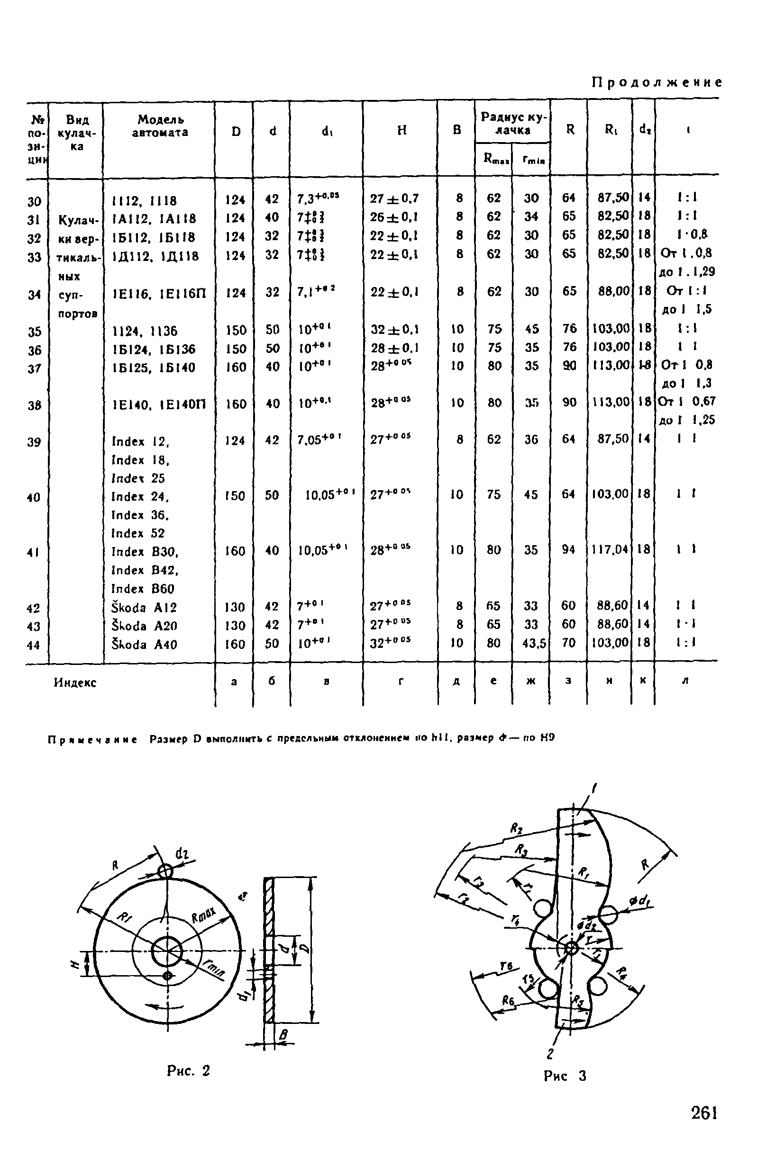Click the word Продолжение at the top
point(657,82)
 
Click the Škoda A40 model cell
point(145,644)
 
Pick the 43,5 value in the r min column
point(531,643)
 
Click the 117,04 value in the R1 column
point(610,550)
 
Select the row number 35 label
point(34,332)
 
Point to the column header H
point(402,130)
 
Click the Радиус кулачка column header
point(513,124)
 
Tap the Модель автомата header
point(160,126)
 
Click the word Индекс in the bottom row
point(75,682)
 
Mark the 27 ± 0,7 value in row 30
point(394,198)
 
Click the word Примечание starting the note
point(92,739)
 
